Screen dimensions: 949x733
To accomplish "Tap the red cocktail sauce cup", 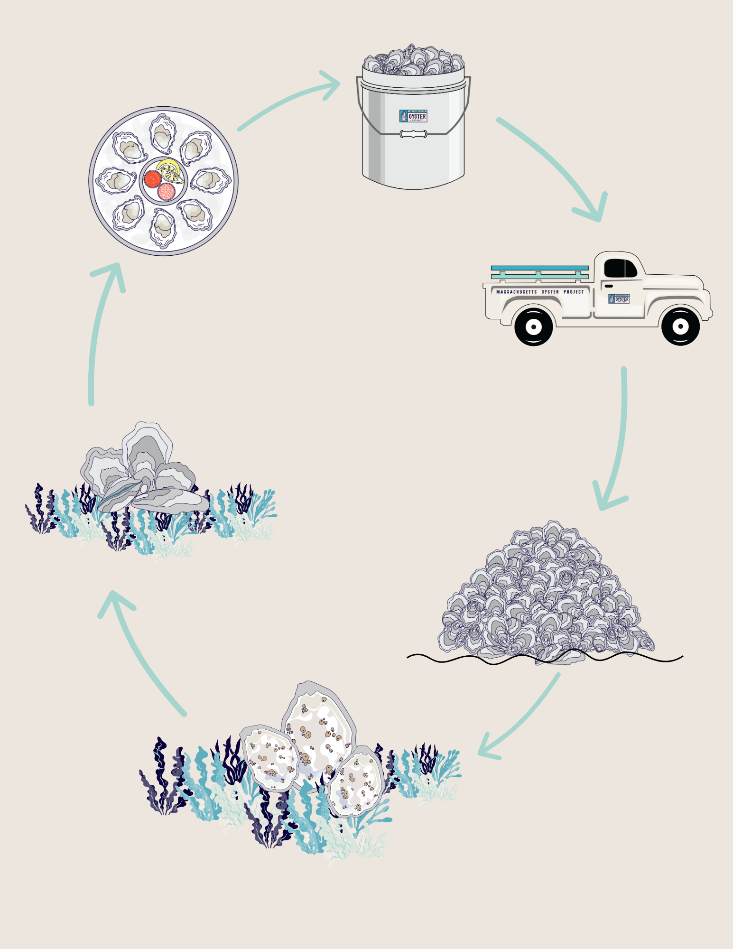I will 153,179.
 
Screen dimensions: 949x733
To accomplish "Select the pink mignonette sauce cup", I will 166,192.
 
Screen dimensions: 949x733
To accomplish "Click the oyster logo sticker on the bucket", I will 413,116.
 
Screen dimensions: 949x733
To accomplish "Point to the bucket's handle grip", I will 413,134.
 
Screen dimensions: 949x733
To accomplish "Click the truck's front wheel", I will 680,326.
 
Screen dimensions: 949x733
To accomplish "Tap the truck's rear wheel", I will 534,326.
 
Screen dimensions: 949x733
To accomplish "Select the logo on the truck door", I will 619,299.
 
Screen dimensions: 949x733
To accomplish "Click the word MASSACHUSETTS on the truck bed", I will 517,292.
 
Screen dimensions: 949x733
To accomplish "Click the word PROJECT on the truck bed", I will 574,292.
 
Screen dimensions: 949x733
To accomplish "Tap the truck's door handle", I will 609,286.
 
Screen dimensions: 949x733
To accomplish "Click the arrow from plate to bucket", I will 289,100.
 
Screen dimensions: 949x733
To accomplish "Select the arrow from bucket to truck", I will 555,166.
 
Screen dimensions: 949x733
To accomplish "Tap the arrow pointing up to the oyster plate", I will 97,332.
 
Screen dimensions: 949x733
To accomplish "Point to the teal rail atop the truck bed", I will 539,268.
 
